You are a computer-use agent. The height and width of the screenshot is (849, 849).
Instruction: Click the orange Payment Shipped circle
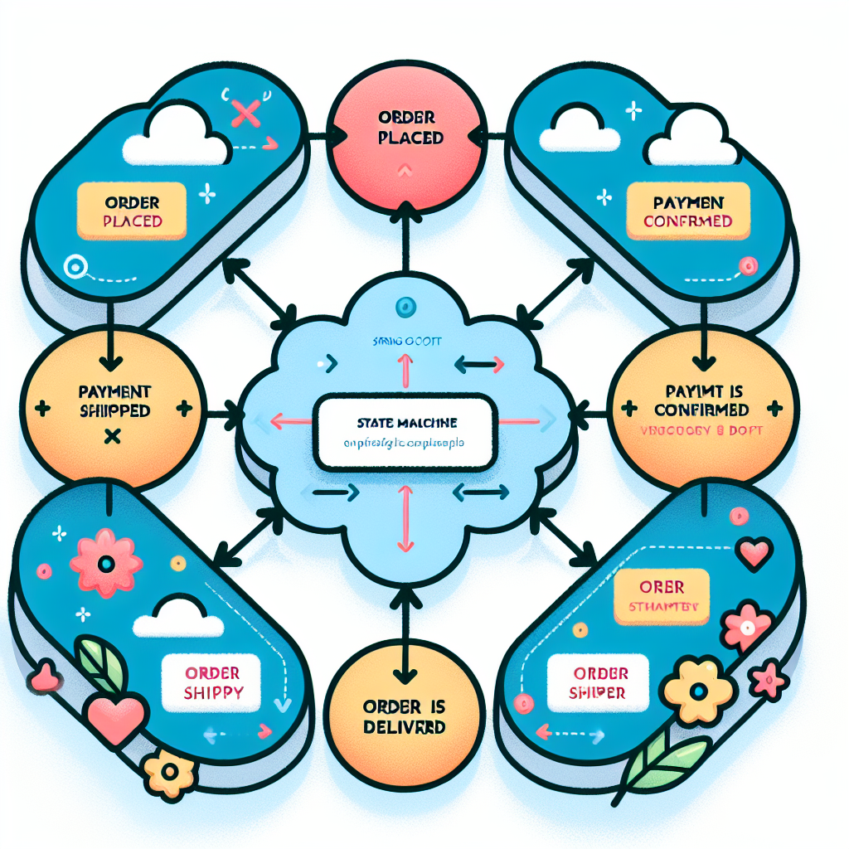pos(112,406)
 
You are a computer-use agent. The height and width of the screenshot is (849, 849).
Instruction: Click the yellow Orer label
pos(662,595)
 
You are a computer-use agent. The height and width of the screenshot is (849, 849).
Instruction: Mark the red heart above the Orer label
pos(756,553)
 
